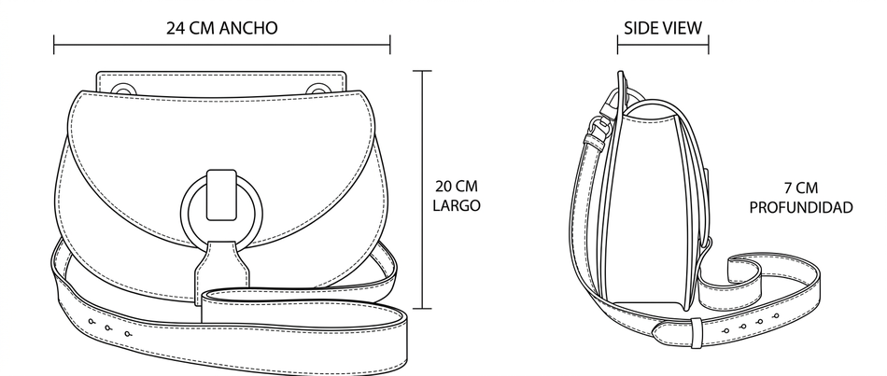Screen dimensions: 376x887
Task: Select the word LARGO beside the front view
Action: point(457,205)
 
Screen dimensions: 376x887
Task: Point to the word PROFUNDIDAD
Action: point(801,208)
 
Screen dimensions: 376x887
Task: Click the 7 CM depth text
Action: point(801,188)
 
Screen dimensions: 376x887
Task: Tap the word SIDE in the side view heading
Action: point(639,28)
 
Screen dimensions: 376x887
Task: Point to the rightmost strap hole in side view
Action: point(771,318)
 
